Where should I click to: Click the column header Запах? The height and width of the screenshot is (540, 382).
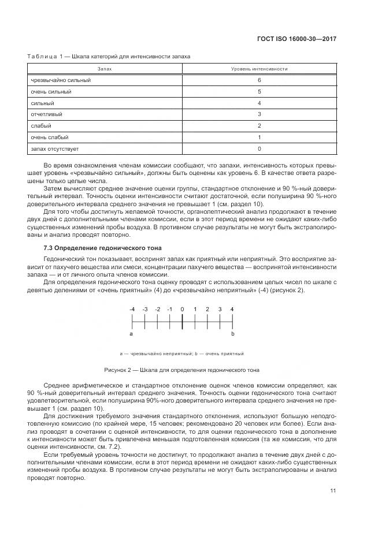pos(105,69)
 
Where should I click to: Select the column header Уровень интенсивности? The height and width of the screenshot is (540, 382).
pos(259,69)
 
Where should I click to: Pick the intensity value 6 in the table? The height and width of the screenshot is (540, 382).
pos(259,80)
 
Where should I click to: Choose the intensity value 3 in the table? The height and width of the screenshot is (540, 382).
pos(259,114)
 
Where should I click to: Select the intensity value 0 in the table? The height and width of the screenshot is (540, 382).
pos(259,148)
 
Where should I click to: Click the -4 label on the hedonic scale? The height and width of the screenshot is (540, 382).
pos(132,310)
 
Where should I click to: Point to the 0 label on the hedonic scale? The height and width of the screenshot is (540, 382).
pos(182,310)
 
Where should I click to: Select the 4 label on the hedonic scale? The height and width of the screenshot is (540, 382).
pos(232,310)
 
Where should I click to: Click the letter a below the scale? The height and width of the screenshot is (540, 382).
pos(131,334)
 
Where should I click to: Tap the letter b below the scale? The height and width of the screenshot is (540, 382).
pos(232,334)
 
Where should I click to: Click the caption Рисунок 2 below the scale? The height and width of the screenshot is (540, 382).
pos(181,370)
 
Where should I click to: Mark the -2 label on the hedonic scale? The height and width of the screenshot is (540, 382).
pos(157,310)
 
